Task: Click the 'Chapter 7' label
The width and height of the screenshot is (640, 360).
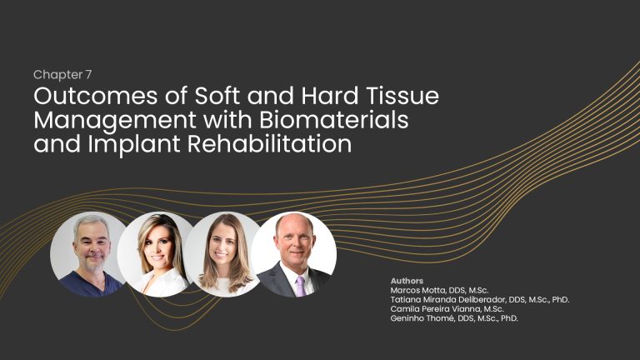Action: coord(62,75)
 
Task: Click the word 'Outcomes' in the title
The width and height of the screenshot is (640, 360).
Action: coord(96,96)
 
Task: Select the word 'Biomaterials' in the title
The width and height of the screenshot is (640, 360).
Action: coord(333,120)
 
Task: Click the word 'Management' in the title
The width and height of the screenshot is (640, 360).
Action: coord(115,121)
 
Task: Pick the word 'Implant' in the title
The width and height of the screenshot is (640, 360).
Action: coord(134,144)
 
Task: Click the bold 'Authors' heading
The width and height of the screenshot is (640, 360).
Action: coord(407,281)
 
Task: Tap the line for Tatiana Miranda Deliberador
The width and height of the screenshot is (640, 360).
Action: coord(480,300)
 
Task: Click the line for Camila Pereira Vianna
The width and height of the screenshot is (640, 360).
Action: coord(447,309)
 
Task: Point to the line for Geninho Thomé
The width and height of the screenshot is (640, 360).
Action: coord(454,318)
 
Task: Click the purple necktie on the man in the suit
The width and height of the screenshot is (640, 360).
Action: coord(300,285)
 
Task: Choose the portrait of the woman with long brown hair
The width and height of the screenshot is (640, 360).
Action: coord(223,254)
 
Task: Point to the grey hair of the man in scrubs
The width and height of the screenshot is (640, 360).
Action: coord(91,223)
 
